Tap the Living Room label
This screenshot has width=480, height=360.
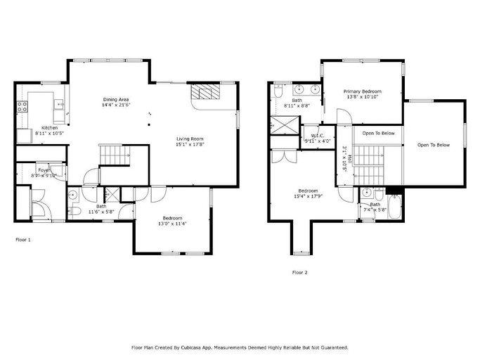coord(190,139)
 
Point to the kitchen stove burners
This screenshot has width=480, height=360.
coord(22,107)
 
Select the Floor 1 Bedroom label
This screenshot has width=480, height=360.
coord(174,218)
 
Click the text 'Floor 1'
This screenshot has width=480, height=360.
coord(23,240)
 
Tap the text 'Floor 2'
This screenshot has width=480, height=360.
coord(299,272)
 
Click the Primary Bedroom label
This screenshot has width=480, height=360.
coord(362,92)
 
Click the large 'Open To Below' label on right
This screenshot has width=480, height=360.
coord(433,145)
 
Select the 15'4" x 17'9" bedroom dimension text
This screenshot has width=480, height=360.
coord(308,196)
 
